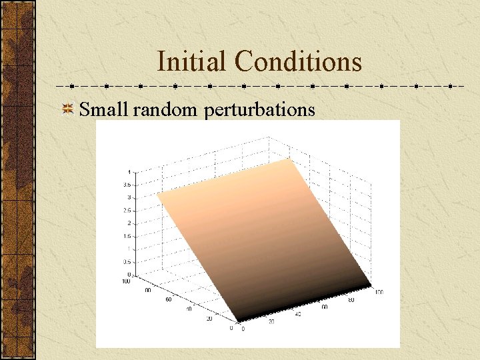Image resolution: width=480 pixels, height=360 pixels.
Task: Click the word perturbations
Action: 260,109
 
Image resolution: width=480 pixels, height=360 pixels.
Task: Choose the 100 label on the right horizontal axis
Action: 379,293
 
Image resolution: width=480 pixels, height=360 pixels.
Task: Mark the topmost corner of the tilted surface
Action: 291,159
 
